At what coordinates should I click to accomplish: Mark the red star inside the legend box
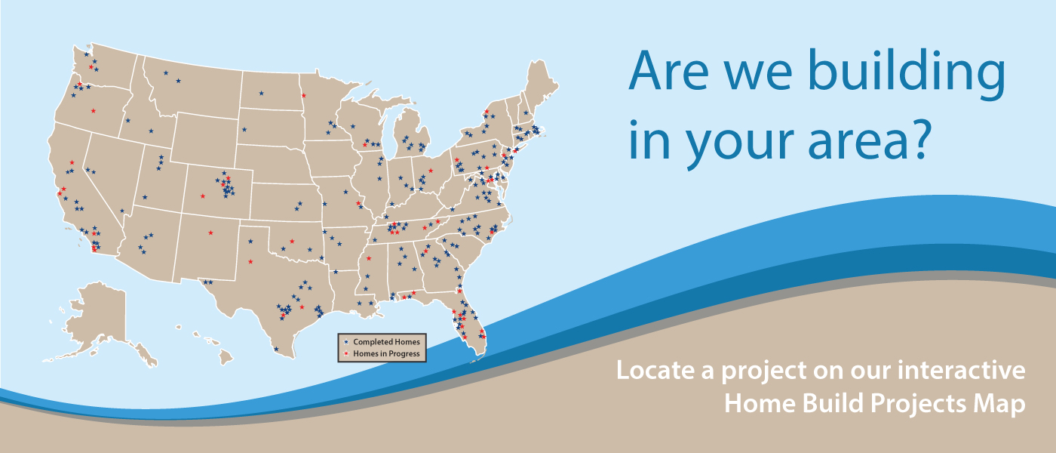click(345, 353)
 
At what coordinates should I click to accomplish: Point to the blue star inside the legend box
click(345, 342)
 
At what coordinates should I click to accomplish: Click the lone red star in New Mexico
click(210, 233)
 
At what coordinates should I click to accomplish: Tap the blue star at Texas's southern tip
click(277, 349)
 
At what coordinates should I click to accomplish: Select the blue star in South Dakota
click(244, 130)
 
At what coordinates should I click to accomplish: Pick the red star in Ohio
click(431, 171)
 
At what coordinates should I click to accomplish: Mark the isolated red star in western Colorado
click(202, 196)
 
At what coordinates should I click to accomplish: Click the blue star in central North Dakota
click(262, 93)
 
